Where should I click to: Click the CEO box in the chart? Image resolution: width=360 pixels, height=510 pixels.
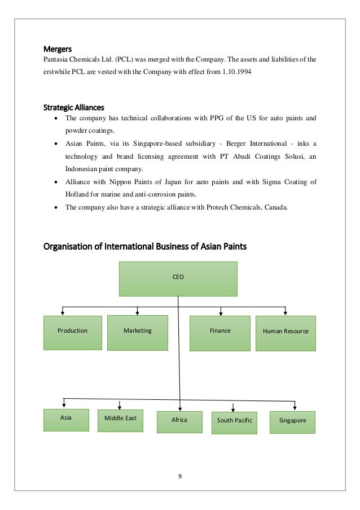(x=178, y=278)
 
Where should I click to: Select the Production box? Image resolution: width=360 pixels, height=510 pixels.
(x=73, y=331)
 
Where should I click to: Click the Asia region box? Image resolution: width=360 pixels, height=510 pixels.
(x=66, y=420)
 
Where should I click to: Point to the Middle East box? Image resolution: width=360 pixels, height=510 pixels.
(x=120, y=420)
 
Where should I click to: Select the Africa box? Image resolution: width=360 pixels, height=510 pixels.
(x=179, y=421)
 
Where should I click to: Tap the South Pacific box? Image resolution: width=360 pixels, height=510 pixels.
(x=234, y=422)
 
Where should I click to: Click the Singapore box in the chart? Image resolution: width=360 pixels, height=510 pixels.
(x=292, y=421)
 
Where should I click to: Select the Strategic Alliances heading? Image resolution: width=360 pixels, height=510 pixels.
(x=74, y=107)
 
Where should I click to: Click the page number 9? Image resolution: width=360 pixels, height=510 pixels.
(x=179, y=476)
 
